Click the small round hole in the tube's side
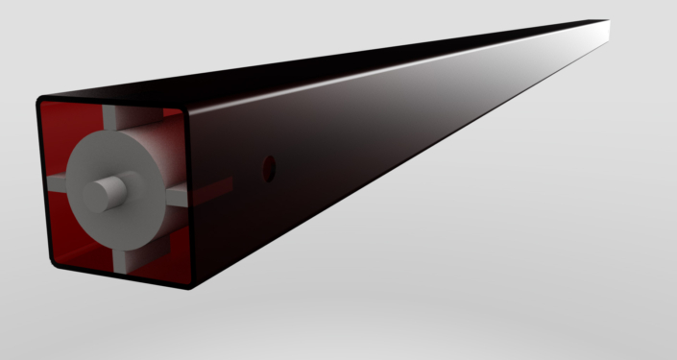coord(270,168)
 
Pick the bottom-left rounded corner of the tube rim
coord(49,258)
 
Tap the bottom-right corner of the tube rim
coord(190,285)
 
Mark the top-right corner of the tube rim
coord(185,110)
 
